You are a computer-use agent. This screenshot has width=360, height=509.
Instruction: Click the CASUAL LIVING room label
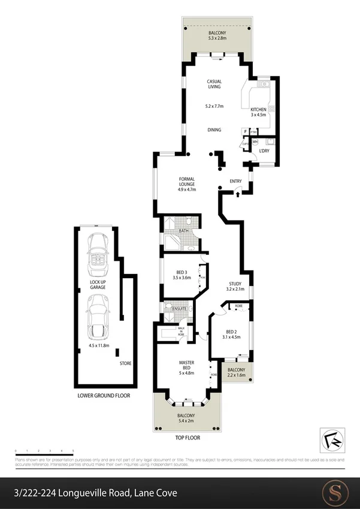[x=214, y=85]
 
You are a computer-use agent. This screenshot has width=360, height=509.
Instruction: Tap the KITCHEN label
[x=258, y=110]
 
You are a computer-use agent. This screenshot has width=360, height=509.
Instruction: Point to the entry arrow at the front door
[x=238, y=193]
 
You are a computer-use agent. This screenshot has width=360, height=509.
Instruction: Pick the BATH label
[x=184, y=230]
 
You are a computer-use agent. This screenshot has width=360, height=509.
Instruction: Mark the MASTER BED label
[x=186, y=366]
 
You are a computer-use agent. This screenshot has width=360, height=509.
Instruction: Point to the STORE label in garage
[x=125, y=363]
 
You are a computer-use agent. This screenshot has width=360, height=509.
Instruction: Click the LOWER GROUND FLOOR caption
[x=103, y=396]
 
